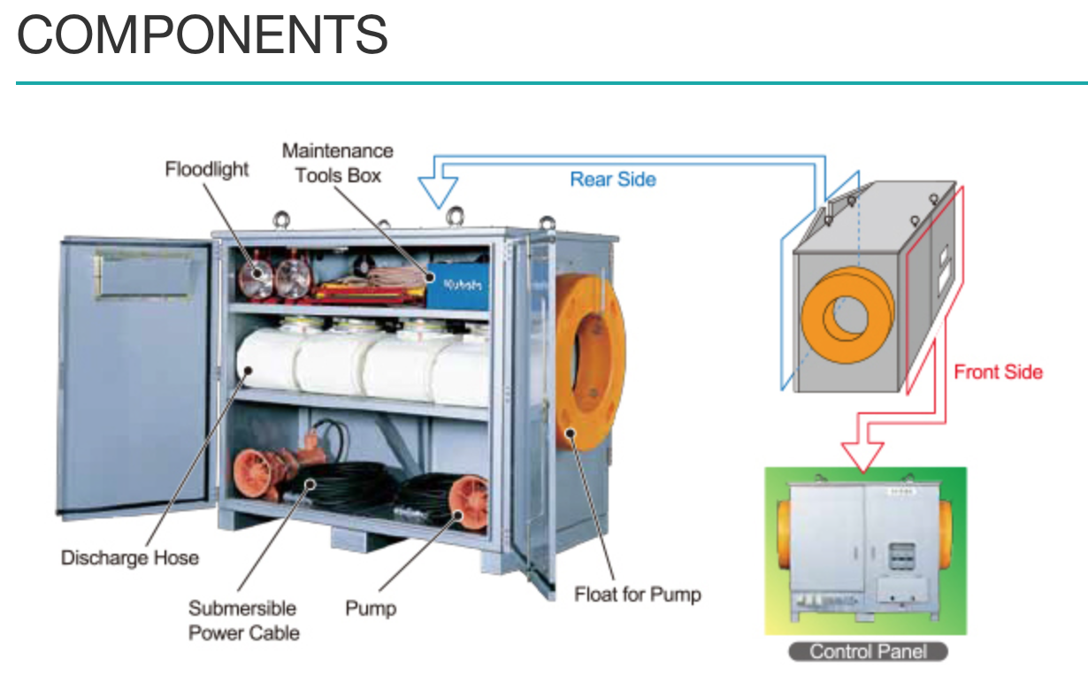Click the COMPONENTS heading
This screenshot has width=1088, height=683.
click(x=203, y=35)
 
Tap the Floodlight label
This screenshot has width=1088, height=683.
click(x=206, y=169)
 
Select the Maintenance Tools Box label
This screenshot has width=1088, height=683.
click(x=338, y=163)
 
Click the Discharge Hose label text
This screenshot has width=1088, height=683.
click(x=129, y=557)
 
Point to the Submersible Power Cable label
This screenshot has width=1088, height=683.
click(x=243, y=620)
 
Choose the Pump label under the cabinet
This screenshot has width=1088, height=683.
click(x=371, y=609)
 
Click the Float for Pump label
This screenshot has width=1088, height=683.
click(x=637, y=595)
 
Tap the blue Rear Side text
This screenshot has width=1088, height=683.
click(x=613, y=180)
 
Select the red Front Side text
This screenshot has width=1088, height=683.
click(x=998, y=372)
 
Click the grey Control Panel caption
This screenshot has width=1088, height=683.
click(x=867, y=652)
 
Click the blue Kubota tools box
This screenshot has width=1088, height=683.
click(x=458, y=285)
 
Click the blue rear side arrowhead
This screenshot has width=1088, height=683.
click(x=438, y=191)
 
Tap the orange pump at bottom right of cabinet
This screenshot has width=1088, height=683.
click(x=467, y=503)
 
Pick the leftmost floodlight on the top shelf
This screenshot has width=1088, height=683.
click(x=257, y=273)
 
